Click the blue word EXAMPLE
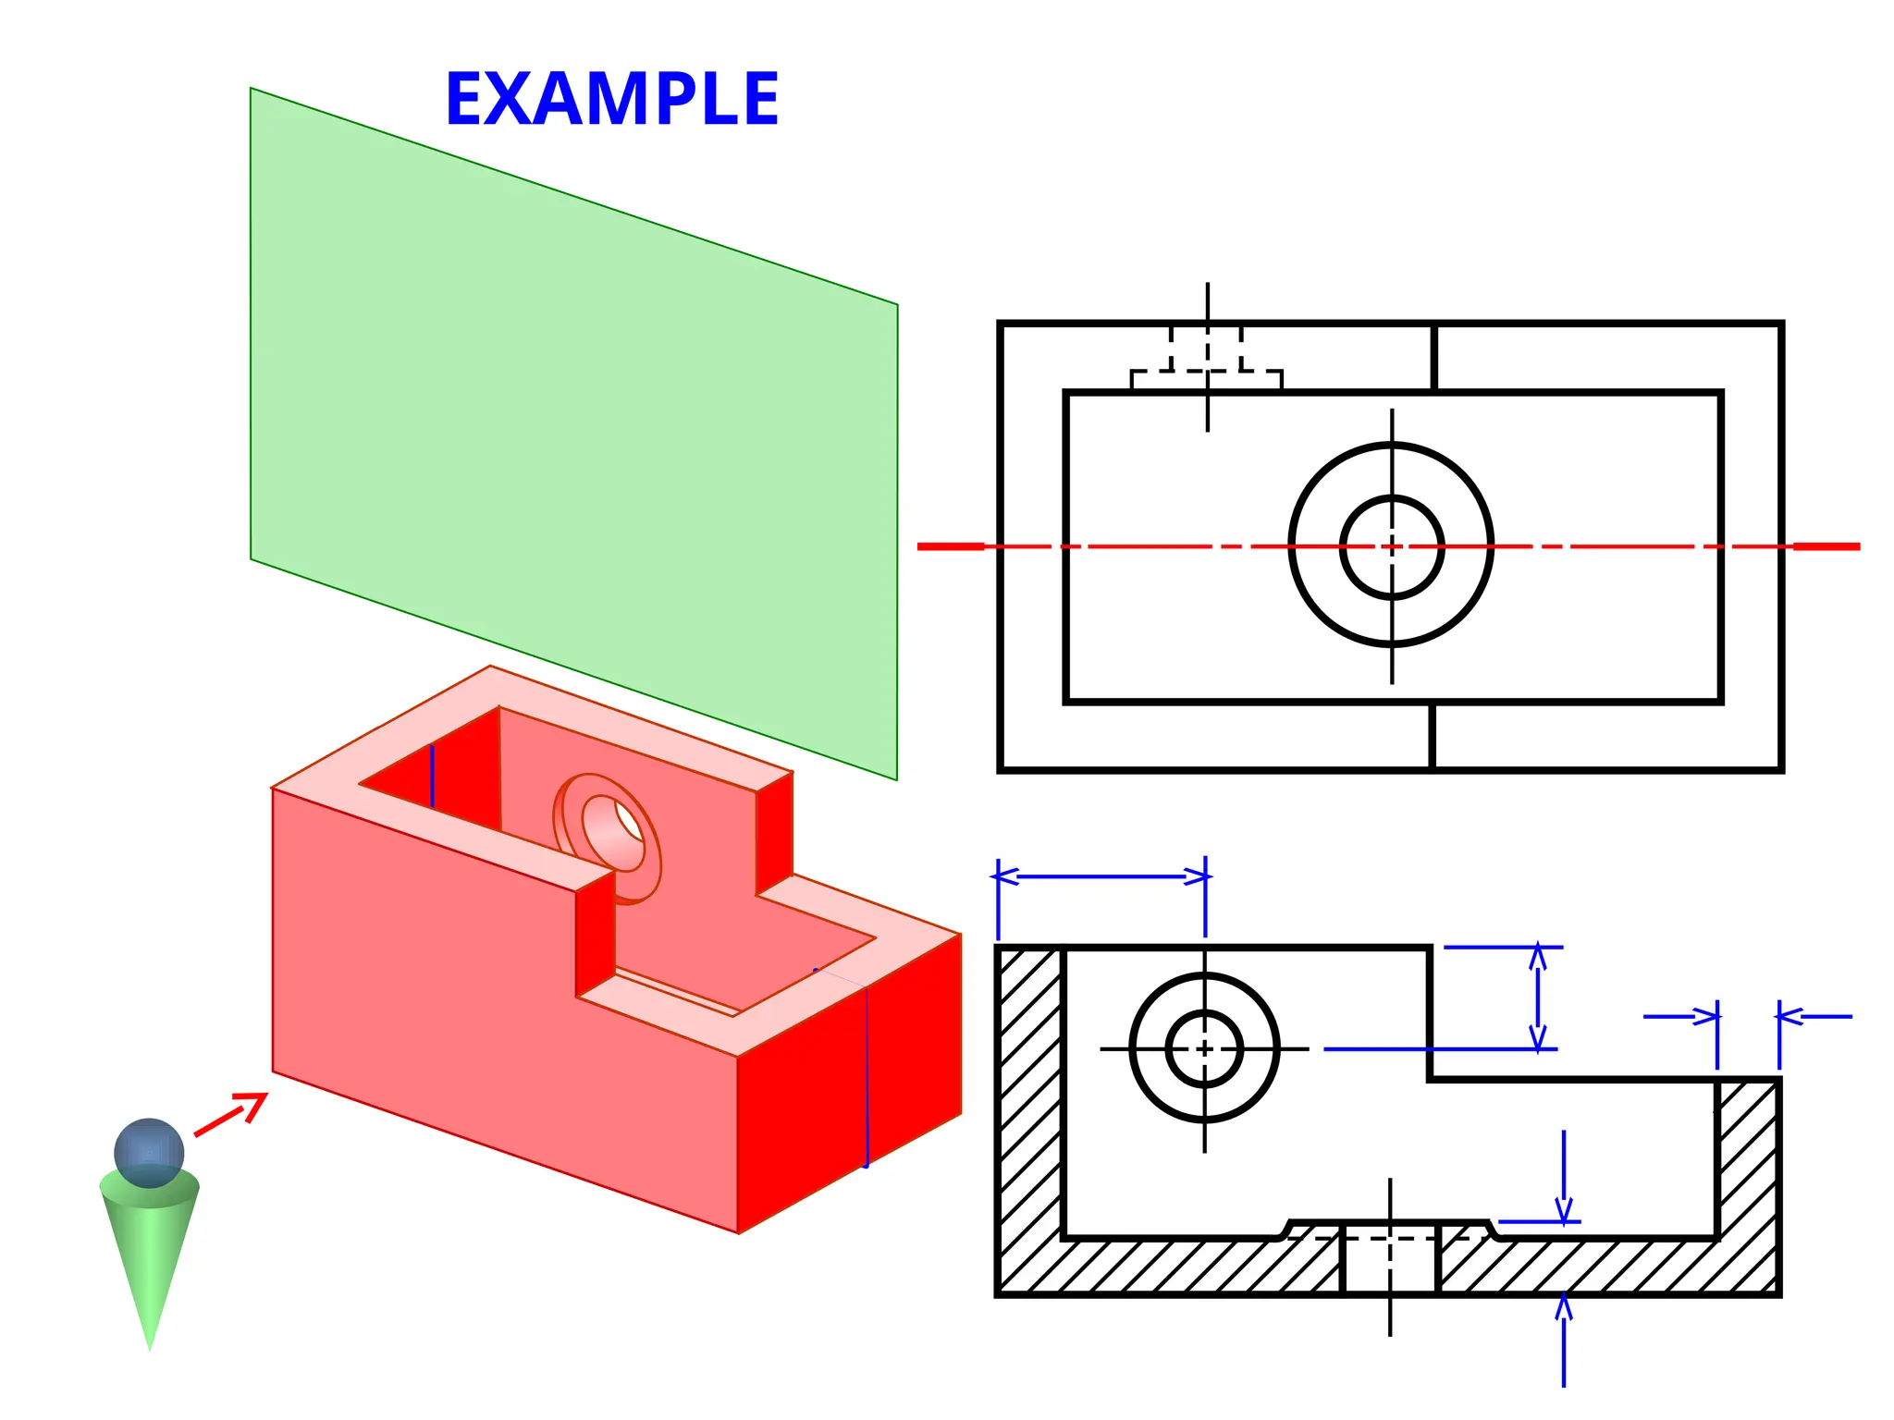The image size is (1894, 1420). pyautogui.click(x=611, y=99)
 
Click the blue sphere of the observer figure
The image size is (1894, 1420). pyautogui.click(x=149, y=1152)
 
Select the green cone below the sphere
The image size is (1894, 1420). pyautogui.click(x=149, y=1267)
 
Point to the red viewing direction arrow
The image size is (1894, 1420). pyautogui.click(x=231, y=1114)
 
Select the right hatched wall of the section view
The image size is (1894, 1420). pyautogui.click(x=1747, y=1165)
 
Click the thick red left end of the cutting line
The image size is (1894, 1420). pyautogui.click(x=951, y=546)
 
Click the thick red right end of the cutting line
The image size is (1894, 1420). pyautogui.click(x=1826, y=546)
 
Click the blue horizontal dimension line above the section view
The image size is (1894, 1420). pyautogui.click(x=1101, y=875)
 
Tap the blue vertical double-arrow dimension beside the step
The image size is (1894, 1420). pyautogui.click(x=1537, y=998)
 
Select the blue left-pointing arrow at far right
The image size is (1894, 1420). pyautogui.click(x=1813, y=1016)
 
